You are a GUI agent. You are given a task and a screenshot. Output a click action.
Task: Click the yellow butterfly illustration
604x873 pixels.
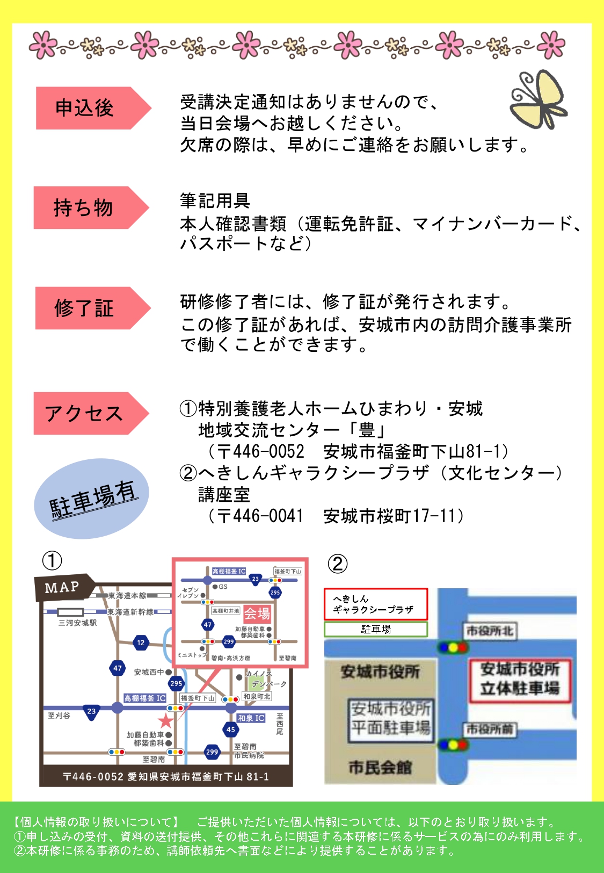click(x=538, y=100)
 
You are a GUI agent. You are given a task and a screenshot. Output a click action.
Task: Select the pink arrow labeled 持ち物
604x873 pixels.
click(x=86, y=208)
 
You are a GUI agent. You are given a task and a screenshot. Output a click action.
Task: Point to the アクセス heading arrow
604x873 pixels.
click(x=86, y=414)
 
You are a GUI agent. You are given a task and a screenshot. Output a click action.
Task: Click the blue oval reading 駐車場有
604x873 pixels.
click(x=91, y=499)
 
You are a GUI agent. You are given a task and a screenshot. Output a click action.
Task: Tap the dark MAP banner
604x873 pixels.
click(x=63, y=587)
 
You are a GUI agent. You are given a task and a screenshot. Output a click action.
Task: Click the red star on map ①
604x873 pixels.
click(x=165, y=721)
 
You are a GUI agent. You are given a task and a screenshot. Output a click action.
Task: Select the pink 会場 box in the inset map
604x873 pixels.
click(x=257, y=614)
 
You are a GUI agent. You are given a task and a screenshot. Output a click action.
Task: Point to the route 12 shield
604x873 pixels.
click(x=141, y=643)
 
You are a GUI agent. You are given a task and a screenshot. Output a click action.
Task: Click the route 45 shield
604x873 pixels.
click(x=230, y=729)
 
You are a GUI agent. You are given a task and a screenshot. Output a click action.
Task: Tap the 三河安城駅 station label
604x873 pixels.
click(x=78, y=623)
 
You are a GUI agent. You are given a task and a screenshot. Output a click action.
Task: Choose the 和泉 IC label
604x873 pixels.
click(x=251, y=718)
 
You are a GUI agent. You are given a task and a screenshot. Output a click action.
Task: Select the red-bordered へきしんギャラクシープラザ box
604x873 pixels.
click(x=375, y=604)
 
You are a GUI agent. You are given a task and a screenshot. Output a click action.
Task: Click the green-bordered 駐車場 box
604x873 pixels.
click(x=375, y=629)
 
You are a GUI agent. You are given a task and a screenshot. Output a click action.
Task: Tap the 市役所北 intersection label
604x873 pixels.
click(x=489, y=631)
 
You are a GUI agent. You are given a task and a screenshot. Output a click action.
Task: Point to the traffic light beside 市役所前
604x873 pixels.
click(x=453, y=745)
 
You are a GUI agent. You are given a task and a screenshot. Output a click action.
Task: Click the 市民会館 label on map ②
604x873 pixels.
click(x=380, y=768)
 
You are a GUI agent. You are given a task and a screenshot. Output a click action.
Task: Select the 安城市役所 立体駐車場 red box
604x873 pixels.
click(x=520, y=679)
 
